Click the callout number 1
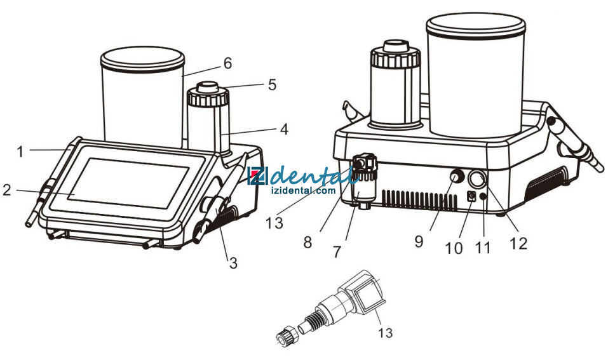pyautogui.click(x=20, y=152)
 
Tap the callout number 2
pyautogui.click(x=7, y=190)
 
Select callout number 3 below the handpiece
pyautogui.click(x=233, y=263)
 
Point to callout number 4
pyautogui.click(x=284, y=130)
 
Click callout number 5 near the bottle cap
pyautogui.click(x=272, y=84)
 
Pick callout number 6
pyautogui.click(x=227, y=63)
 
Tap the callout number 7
pyautogui.click(x=337, y=252)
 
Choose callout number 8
pyautogui.click(x=307, y=243)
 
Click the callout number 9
pyautogui.click(x=419, y=241)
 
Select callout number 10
pyautogui.click(x=454, y=248)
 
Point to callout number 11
pyautogui.click(x=483, y=248)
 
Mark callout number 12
pyautogui.click(x=518, y=243)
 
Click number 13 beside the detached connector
pyautogui.click(x=386, y=333)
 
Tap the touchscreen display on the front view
pyautogui.click(x=128, y=183)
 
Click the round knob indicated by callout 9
pyautogui.click(x=457, y=177)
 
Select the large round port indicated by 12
pyautogui.click(x=477, y=180)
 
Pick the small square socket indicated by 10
pyautogui.click(x=472, y=196)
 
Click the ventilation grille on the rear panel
pyautogui.click(x=419, y=200)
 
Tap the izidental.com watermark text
pyautogui.click(x=304, y=190)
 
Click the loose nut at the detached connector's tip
pyautogui.click(x=287, y=335)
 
